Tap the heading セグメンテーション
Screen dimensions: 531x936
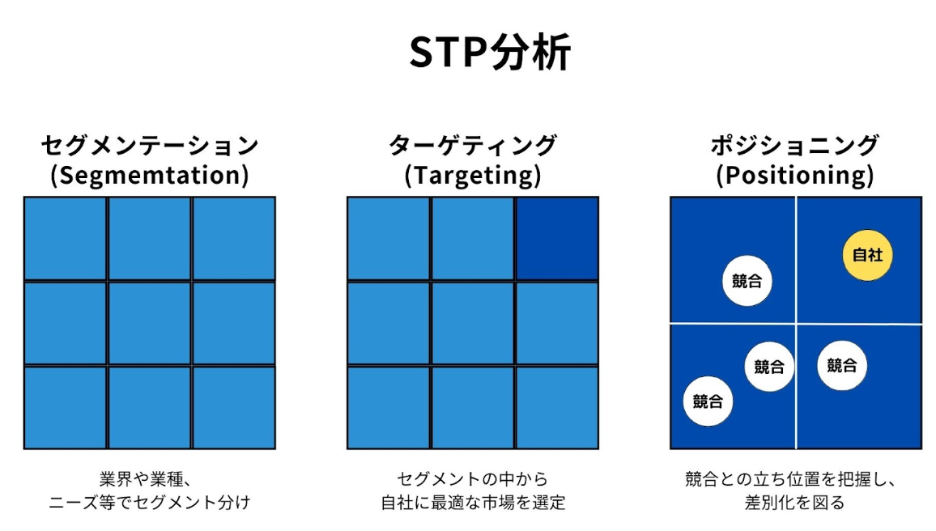tap(150, 146)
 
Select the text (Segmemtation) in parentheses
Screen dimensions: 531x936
tap(150, 176)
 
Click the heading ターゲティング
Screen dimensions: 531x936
tap(473, 146)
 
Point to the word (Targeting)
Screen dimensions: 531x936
tap(473, 176)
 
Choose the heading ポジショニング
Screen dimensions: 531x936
tap(795, 146)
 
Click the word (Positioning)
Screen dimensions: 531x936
tap(795, 176)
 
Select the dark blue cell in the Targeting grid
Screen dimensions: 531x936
tap(557, 238)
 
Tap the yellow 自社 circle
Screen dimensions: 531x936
tap(867, 255)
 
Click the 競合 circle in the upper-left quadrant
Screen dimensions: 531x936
tap(747, 282)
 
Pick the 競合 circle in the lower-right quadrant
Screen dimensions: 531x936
tap(842, 365)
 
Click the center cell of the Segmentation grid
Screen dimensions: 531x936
tap(150, 323)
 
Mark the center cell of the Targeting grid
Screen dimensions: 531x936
tap(473, 323)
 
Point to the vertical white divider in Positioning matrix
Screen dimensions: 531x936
tap(796, 259)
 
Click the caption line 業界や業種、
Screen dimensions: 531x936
tap(150, 478)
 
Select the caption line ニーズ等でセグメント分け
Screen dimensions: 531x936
tap(150, 503)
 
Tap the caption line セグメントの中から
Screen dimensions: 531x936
tap(473, 478)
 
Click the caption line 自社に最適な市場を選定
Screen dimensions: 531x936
tap(473, 503)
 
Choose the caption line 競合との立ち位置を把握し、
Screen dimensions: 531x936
tap(795, 478)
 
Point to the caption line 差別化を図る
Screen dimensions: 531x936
tap(795, 503)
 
